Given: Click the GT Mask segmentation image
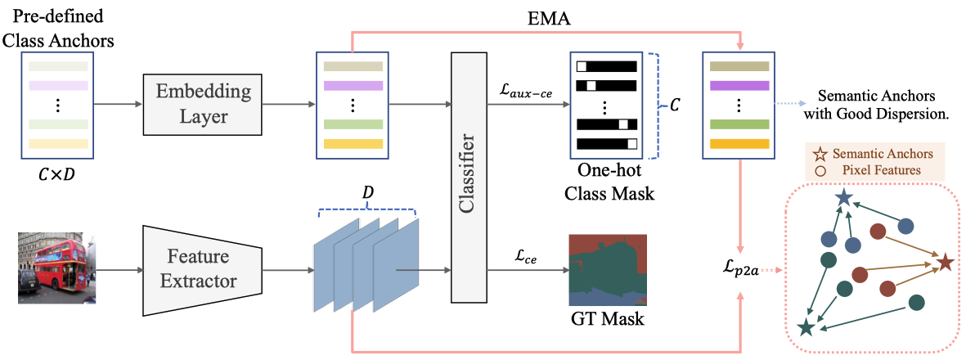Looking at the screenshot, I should point(606,268).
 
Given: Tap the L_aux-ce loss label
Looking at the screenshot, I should point(526,92).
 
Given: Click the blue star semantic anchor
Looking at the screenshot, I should point(842,198).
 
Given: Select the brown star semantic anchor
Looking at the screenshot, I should point(945,263).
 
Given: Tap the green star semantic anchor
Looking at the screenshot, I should point(806,327).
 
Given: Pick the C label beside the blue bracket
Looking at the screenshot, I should point(674,106).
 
